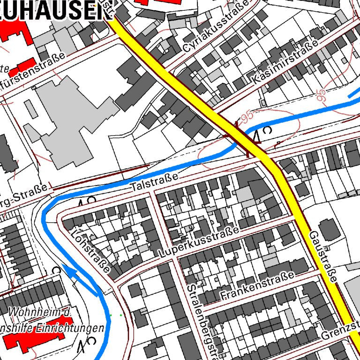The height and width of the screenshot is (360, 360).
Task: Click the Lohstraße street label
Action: pos(91,250)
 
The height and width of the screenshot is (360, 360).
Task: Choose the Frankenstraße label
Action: pos(258,285)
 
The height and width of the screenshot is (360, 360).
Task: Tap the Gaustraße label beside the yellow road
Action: pos(323,255)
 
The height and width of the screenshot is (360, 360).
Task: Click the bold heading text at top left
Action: pos(52,10)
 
